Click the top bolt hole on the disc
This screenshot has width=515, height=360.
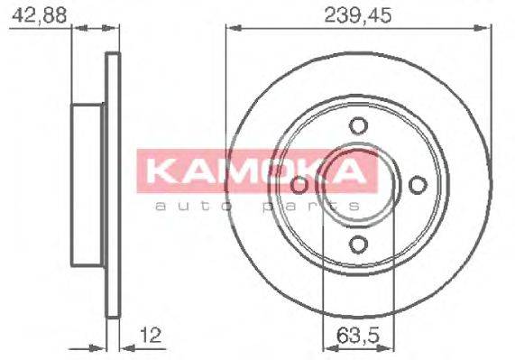pos(357,125)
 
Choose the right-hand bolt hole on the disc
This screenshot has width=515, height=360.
pos(416,184)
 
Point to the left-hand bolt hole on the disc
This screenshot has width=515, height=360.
pos(299,185)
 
